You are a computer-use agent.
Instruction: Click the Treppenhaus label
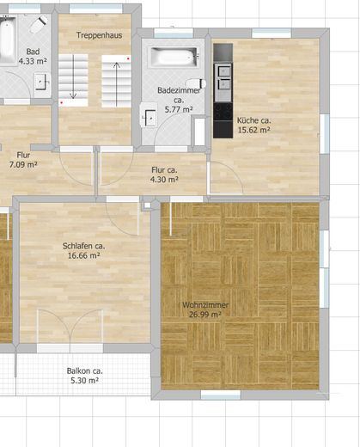[x=99, y=35]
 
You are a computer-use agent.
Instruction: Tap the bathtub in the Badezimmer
[x=174, y=57]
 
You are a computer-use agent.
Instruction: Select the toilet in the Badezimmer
[x=196, y=83]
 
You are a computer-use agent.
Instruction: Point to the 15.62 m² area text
[x=254, y=130]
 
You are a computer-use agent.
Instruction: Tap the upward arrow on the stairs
[x=116, y=84]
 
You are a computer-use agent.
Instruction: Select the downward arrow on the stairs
[x=73, y=77]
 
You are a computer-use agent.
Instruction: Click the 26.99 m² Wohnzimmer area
[x=205, y=315]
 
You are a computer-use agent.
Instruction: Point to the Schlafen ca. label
[x=83, y=246]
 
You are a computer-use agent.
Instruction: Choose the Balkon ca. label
[x=85, y=370]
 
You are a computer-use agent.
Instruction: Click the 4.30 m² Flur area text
[x=164, y=180]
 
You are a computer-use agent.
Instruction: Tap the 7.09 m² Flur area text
[x=23, y=164]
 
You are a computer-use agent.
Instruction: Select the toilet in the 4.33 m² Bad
[x=39, y=24]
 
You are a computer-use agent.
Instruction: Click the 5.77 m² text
[x=179, y=109]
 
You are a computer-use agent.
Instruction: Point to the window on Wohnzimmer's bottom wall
[x=221, y=395]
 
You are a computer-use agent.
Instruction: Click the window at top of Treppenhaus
[x=96, y=9]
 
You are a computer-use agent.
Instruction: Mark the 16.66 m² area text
[x=83, y=255]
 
